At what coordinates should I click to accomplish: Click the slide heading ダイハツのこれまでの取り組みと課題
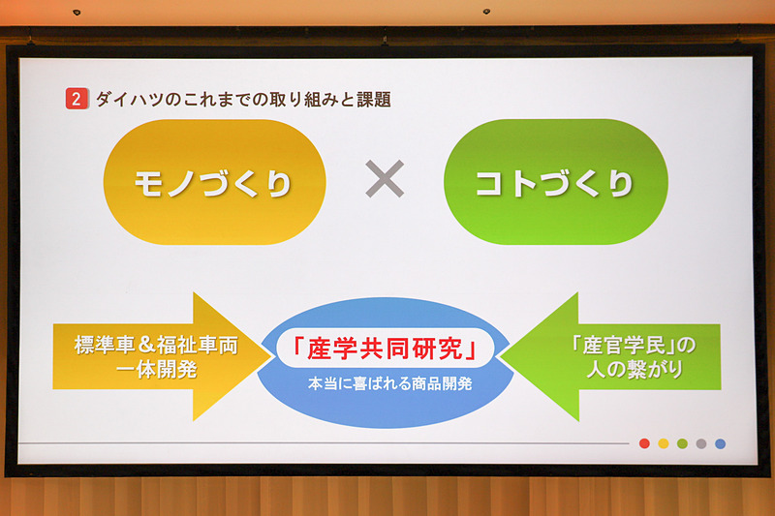242,99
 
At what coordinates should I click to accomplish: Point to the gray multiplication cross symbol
385,180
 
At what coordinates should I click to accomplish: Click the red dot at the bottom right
645,443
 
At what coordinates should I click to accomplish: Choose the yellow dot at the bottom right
664,443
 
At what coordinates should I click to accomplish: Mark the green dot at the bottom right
683,443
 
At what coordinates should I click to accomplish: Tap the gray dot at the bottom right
701,443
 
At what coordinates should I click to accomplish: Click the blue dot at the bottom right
720,443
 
